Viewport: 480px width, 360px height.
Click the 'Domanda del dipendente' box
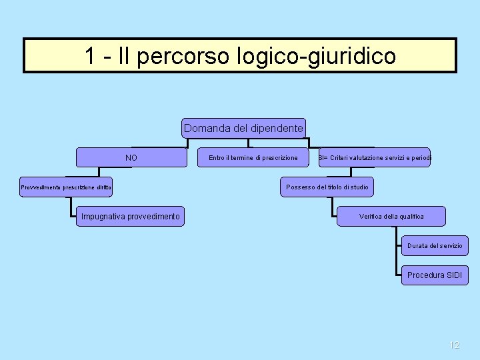(x=243, y=128)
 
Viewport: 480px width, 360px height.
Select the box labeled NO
(x=131, y=157)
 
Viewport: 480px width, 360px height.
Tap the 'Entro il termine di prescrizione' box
(x=253, y=157)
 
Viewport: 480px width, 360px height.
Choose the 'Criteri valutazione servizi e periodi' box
(x=375, y=157)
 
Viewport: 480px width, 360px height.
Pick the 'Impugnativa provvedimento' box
(x=130, y=217)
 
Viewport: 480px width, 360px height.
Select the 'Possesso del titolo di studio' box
(x=327, y=187)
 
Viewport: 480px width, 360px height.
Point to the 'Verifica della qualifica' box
(x=391, y=217)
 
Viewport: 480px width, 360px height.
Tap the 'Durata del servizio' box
(x=435, y=246)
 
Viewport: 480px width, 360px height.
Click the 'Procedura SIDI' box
(x=434, y=275)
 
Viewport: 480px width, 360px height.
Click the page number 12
(x=455, y=345)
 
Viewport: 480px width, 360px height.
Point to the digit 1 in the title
(x=90, y=55)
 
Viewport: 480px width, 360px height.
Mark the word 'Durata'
(x=418, y=246)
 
